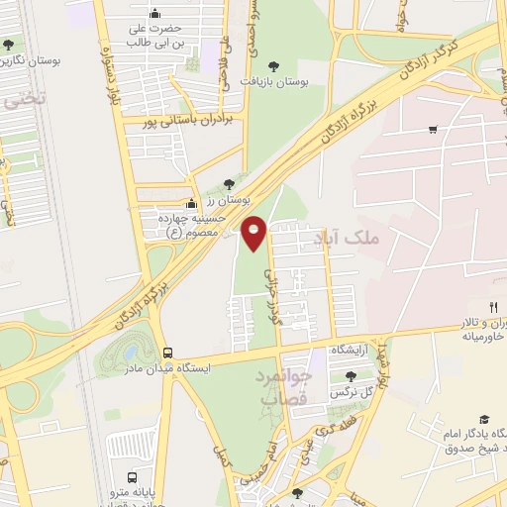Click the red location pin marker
254,231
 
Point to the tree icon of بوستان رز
230,183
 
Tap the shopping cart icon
433,129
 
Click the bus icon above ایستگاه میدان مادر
167,352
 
